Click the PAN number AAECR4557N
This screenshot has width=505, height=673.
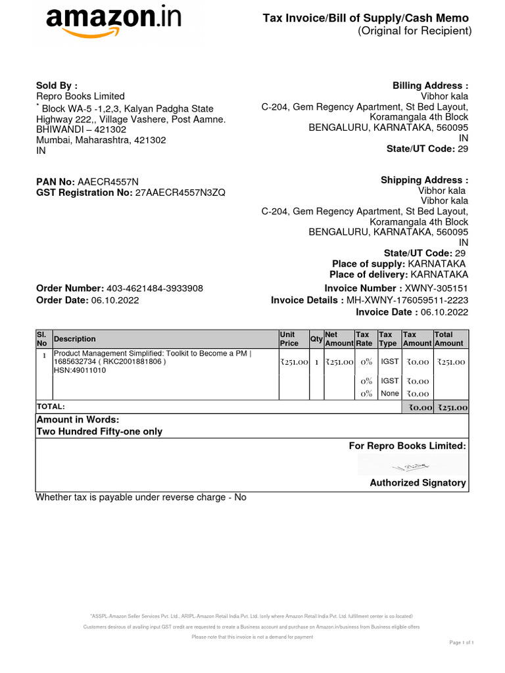tap(108, 181)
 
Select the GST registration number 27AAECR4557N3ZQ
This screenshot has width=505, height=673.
tap(180, 193)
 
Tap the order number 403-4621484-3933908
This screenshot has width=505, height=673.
tap(155, 289)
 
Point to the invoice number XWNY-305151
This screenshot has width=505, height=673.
tap(437, 289)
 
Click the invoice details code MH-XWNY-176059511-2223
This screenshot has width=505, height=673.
tap(408, 300)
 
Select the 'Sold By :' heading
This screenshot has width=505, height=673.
tap(57, 85)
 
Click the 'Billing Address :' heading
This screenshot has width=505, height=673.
tap(430, 85)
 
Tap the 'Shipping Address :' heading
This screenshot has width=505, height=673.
tap(424, 180)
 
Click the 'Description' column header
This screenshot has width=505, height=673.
tap(75, 339)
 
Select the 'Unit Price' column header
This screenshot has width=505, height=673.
tap(289, 339)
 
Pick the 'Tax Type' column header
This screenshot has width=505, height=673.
tap(389, 339)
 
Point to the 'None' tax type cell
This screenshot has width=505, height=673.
tap(389, 394)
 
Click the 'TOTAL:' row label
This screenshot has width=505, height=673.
tap(51, 407)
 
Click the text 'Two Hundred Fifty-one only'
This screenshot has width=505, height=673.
tap(99, 432)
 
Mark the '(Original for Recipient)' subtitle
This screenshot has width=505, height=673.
tap(414, 32)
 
